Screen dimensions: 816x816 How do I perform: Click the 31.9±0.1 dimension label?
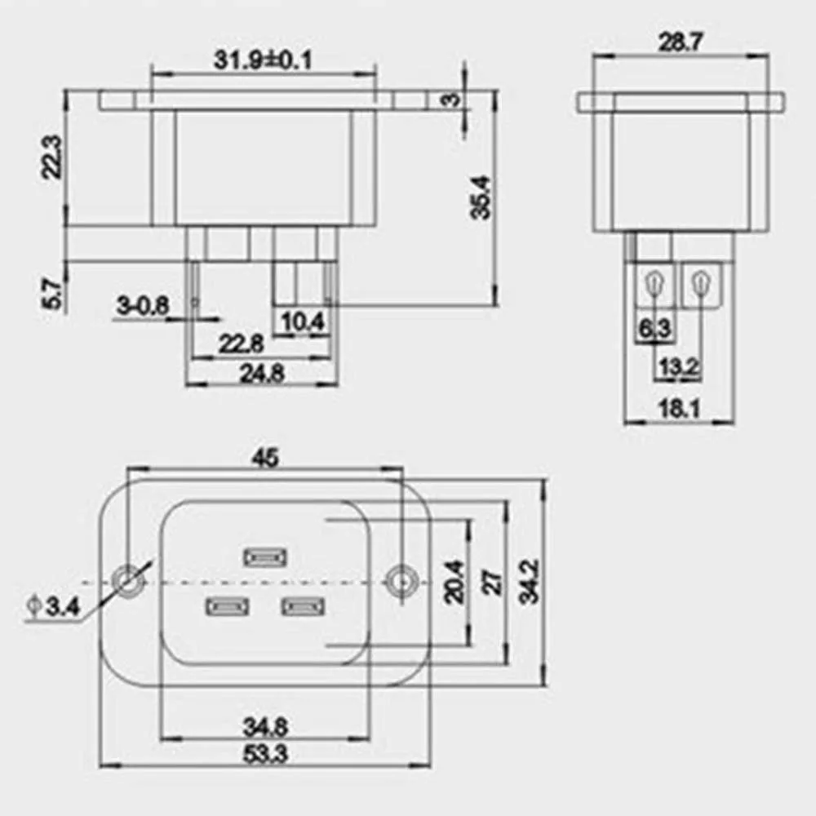point(263,60)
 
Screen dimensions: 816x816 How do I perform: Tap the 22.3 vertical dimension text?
point(52,157)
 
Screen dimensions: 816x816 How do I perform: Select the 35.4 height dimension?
point(481,197)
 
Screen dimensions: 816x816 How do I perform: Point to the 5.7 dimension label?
point(52,294)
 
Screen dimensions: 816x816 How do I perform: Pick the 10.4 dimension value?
point(303,322)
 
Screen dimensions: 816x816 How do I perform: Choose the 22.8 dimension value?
point(241,344)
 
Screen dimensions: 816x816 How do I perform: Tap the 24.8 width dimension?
point(262,373)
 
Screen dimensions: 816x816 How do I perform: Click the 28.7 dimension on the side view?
point(681,42)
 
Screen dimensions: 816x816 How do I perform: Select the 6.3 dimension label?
point(654,328)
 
